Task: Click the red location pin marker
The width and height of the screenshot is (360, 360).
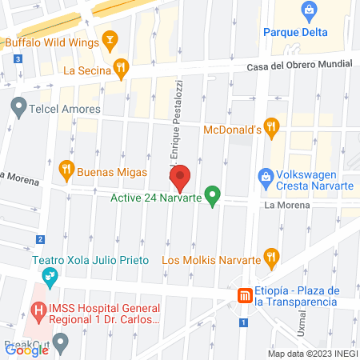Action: tap(180, 175)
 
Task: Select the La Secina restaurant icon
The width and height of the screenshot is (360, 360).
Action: tap(120, 67)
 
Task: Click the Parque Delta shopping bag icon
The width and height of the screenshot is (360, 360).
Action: tap(309, 11)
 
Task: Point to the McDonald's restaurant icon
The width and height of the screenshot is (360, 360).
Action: tap(272, 126)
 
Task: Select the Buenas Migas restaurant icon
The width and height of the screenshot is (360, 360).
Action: tap(66, 169)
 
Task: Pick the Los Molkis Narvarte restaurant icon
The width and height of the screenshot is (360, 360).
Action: tap(272, 258)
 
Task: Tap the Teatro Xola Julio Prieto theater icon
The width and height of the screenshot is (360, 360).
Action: tap(50, 276)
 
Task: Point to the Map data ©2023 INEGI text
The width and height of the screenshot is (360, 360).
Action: tap(312, 354)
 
